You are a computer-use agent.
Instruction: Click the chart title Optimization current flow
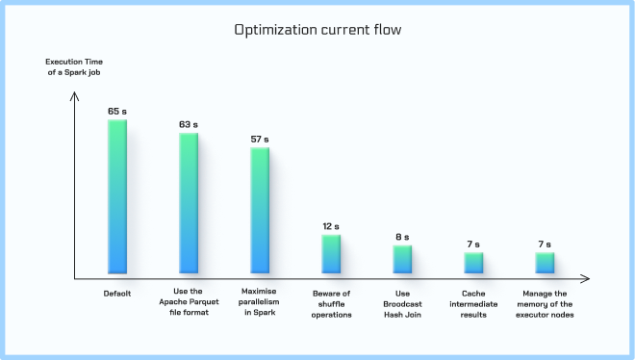click(317, 30)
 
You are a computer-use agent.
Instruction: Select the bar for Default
click(117, 197)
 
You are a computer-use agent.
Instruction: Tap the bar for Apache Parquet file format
click(189, 203)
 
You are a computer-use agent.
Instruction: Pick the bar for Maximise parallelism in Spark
click(260, 211)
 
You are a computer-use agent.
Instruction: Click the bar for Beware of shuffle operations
click(331, 253)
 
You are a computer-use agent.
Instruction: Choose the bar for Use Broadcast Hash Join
click(402, 259)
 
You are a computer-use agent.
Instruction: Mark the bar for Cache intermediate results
click(473, 262)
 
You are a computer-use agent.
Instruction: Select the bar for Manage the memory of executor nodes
click(545, 262)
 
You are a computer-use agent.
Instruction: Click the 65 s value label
click(117, 112)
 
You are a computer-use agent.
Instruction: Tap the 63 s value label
click(189, 124)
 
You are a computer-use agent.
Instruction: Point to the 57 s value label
click(260, 139)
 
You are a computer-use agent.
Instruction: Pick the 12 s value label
click(331, 226)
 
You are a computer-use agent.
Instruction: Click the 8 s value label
click(402, 237)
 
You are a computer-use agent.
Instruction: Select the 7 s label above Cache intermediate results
click(473, 244)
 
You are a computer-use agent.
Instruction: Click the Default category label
click(117, 293)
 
